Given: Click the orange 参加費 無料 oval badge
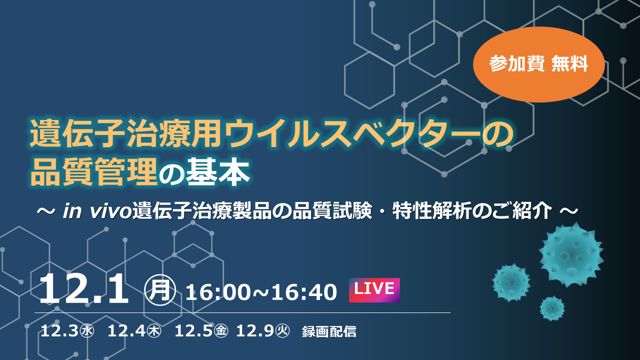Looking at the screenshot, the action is (539, 64).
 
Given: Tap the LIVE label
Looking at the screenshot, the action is (374, 290).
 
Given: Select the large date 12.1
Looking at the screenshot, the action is (83, 289).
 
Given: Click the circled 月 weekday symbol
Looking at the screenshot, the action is (160, 290).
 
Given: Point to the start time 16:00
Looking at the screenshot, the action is (217, 292).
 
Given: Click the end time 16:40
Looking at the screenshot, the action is (304, 292).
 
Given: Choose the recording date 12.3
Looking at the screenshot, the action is (59, 331).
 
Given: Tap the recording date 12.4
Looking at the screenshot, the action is (126, 331).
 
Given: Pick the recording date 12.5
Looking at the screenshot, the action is (193, 331).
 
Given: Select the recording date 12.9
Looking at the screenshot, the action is (255, 331).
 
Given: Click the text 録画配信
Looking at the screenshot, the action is (329, 331).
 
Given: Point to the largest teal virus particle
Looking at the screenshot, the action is (571, 255).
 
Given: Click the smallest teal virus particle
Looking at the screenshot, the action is (552, 308).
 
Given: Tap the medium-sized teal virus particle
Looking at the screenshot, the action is (511, 282).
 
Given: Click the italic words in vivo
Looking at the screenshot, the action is (97, 211).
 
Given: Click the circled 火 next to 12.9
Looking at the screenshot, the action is (282, 331).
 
